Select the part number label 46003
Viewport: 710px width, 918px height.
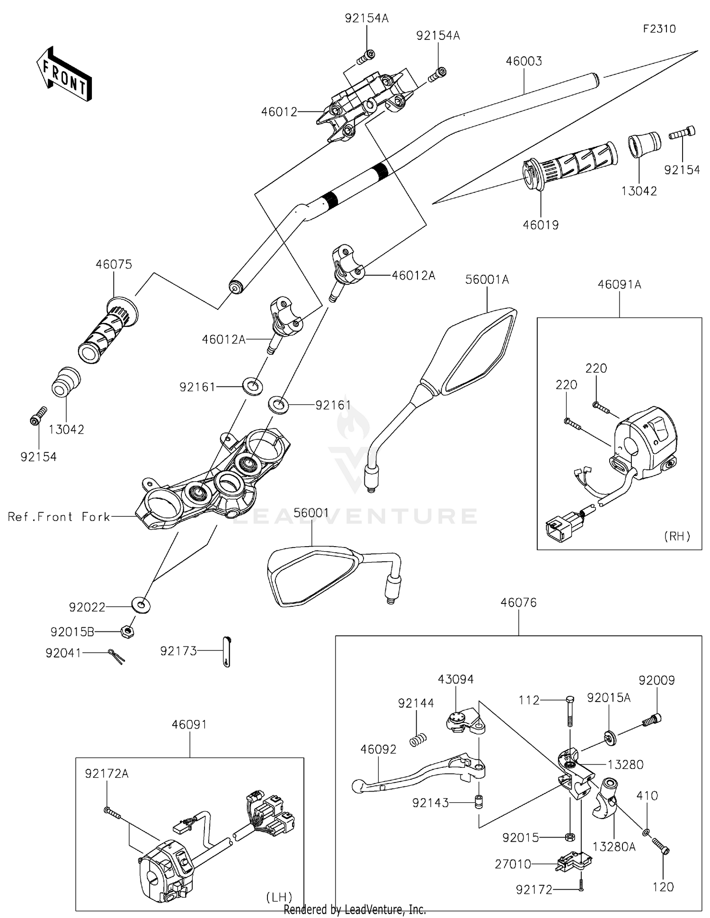point(524,61)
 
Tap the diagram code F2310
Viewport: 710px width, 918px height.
point(659,29)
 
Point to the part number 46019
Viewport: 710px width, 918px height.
point(541,225)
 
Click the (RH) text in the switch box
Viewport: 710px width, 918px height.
point(677,536)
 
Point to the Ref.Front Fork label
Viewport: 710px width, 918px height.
point(59,516)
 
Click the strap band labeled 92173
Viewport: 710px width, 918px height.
point(227,652)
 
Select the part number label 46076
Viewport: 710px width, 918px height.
point(519,603)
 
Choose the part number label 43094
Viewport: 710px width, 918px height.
point(455,679)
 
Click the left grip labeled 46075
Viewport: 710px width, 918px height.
point(108,330)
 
